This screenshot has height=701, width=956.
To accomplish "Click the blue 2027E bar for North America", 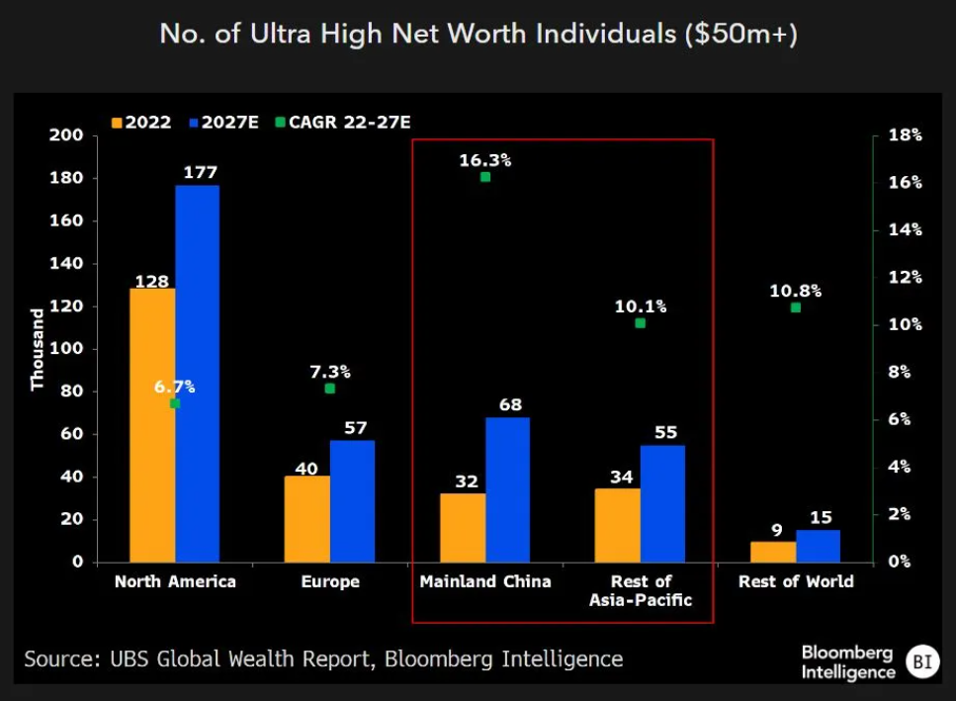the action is click(x=198, y=374).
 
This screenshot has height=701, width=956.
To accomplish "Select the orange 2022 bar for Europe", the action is click(x=307, y=519).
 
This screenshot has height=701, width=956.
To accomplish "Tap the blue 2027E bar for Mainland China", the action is click(x=508, y=489).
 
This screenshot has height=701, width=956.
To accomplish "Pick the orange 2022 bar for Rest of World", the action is click(x=773, y=552).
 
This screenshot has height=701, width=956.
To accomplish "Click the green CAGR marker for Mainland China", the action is click(x=485, y=177).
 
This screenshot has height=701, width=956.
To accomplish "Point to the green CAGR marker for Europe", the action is click(x=330, y=389).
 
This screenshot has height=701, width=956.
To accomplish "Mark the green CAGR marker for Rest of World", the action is click(x=796, y=307).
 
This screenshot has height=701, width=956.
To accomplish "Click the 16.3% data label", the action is click(x=485, y=160).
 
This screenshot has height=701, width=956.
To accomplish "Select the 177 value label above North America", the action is click(x=201, y=172).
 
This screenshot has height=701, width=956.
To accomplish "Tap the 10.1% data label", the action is click(x=641, y=306).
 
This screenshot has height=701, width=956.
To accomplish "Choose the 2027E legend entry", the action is click(x=223, y=123).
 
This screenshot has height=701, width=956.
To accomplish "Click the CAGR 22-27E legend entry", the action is click(x=343, y=123).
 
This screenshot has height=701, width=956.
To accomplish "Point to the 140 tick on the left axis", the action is click(x=66, y=263).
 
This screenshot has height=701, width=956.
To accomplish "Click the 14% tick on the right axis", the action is click(x=906, y=229).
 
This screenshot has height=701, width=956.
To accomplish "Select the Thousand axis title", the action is click(x=38, y=349).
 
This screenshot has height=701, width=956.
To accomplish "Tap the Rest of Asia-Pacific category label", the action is click(x=641, y=590).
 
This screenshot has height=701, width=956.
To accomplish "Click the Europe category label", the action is click(x=330, y=581).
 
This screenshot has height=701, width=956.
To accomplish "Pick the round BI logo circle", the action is click(x=922, y=661).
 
